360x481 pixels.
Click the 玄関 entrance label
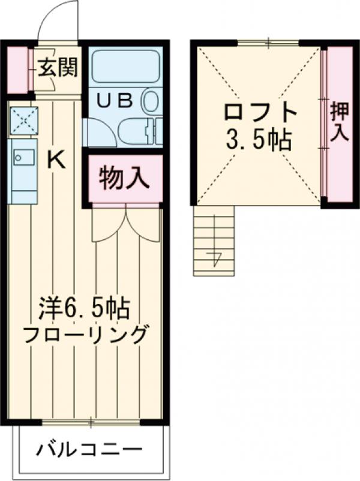tap(58, 68)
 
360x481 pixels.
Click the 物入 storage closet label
tap(122, 179)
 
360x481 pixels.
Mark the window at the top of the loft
tap(268, 42)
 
